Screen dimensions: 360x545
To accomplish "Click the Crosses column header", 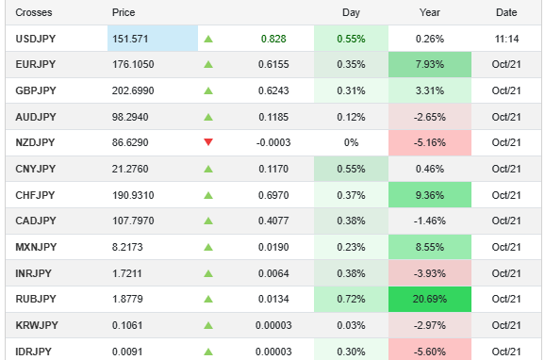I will [34, 12].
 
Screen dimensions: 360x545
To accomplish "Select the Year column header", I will [429, 12].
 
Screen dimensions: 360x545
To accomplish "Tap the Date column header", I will [506, 12].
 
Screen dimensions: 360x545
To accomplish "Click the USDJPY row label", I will [37, 39].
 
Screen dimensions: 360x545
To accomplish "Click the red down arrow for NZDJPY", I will [208, 142].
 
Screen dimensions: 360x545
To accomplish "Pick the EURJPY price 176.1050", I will [133, 65].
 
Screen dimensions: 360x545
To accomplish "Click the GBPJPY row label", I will [37, 90].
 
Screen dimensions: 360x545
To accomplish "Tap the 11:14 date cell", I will [506, 39].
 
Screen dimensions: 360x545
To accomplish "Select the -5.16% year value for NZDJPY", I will [429, 142].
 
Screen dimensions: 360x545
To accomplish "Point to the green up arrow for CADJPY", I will [208, 221].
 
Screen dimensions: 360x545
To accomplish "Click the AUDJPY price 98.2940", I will [131, 117].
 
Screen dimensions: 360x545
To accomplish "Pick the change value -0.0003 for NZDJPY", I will [268, 142].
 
